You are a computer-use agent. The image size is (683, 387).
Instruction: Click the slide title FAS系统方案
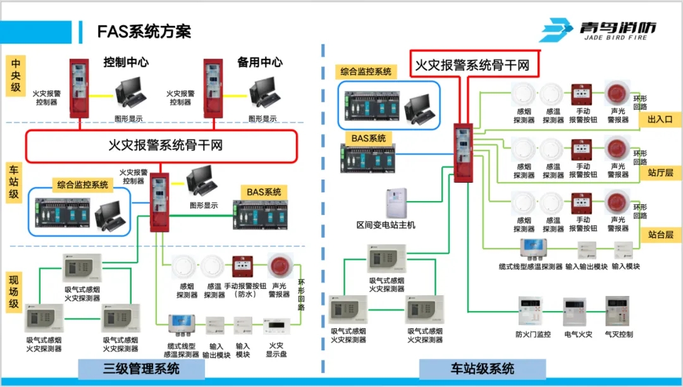144,31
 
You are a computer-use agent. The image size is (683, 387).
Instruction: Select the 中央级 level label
16,75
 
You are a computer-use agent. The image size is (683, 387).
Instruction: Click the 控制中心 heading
126,62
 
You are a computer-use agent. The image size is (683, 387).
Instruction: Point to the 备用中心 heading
259,62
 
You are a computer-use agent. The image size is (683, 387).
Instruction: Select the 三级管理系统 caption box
141,369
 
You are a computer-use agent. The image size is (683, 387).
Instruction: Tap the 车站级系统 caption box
483,369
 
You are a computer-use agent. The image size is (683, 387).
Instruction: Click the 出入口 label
660,119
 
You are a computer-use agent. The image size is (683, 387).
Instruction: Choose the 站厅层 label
660,172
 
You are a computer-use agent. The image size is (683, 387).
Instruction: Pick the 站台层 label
660,235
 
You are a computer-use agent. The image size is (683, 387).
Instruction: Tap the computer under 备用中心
264,92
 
